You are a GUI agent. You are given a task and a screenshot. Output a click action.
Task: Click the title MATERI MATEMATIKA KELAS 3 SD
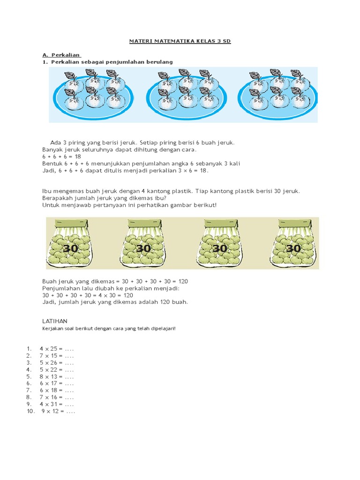pos(180,42)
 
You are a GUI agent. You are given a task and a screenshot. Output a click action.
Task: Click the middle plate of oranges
pos(187,95)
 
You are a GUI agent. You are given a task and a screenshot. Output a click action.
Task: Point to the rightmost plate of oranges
pos(278,95)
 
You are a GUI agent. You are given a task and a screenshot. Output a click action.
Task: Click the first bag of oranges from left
pos(69,244)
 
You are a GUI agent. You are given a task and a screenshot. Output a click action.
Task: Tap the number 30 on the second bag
pos(144,248)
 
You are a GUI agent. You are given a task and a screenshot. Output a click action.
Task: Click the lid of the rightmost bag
pos(293,224)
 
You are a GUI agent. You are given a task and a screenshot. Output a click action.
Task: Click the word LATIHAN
pos(55,321)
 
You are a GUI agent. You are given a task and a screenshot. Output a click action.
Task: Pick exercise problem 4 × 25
pos(57,349)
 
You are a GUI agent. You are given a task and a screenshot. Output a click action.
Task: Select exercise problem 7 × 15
pos(57,356)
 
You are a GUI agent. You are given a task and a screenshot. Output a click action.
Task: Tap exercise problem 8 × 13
pos(57,376)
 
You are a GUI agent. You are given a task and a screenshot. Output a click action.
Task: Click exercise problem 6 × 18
pos(57,390)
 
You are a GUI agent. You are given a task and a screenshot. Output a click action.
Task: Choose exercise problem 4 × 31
pos(57,404)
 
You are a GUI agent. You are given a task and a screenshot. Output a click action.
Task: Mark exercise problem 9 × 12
pos(58,411)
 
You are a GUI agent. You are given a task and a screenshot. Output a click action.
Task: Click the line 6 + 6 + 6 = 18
pos(62,157)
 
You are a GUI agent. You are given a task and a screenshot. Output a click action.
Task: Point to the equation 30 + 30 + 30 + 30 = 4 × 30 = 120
pos(88,295)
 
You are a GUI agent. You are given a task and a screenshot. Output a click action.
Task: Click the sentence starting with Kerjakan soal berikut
pos(109,329)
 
